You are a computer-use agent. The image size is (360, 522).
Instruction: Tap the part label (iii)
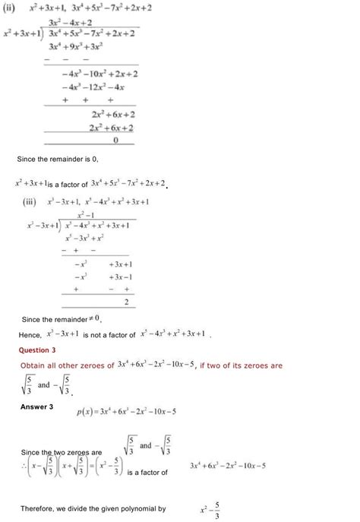[x=33, y=202]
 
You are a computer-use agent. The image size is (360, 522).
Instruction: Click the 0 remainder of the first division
[x=115, y=140]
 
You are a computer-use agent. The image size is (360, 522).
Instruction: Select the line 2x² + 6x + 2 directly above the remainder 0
[x=112, y=127]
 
